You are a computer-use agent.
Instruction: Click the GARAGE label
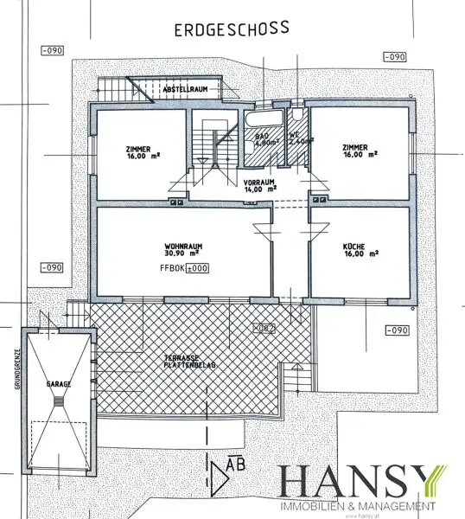(59, 383)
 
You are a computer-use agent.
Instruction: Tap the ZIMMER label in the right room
(354, 151)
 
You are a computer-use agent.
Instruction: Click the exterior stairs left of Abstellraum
(120, 87)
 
